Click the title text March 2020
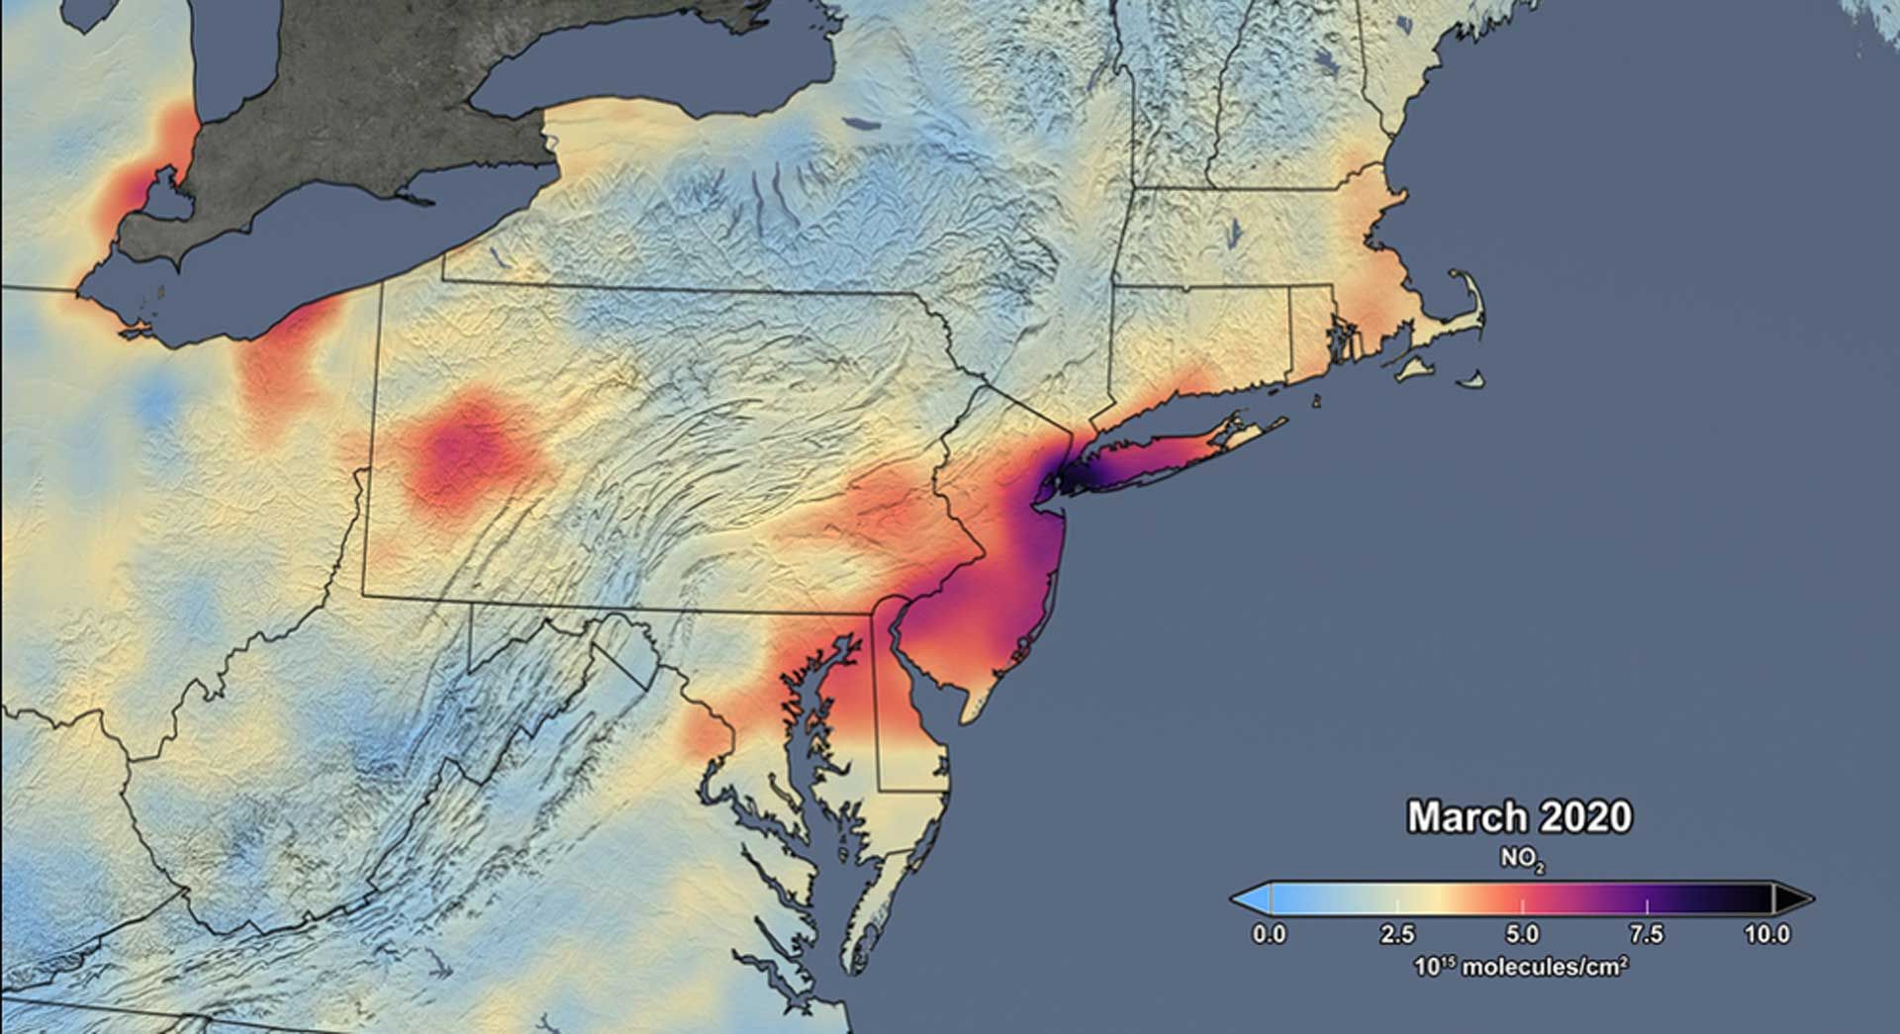(x=1519, y=817)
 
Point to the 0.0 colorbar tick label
(x=1269, y=933)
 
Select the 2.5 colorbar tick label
(x=1396, y=933)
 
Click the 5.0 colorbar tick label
(x=1522, y=933)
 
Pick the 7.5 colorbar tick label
(x=1647, y=933)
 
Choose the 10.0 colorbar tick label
(x=1767, y=933)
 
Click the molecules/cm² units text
(x=1522, y=966)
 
